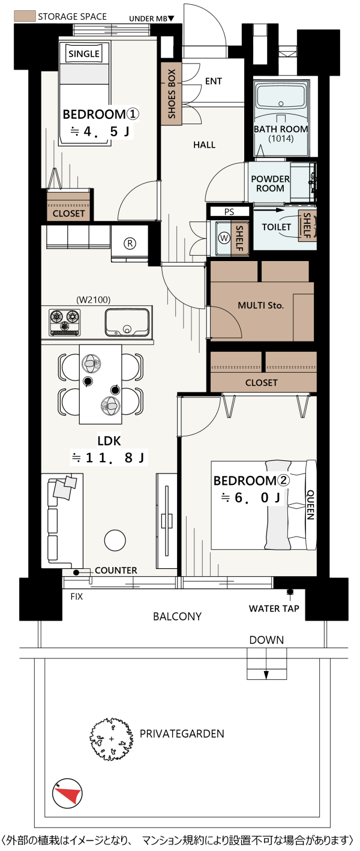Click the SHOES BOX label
pyautogui.click(x=172, y=94)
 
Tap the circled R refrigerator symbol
pyautogui.click(x=130, y=243)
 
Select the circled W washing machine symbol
pyautogui.click(x=224, y=238)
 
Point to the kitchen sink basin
pyautogui.click(x=127, y=322)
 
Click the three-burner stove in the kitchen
pyautogui.click(x=65, y=322)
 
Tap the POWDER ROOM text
pyautogui.click(x=270, y=184)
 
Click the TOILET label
pyautogui.click(x=276, y=227)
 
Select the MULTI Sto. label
pyautogui.click(x=260, y=305)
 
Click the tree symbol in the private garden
pyautogui.click(x=111, y=739)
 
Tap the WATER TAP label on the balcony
pyautogui.click(x=274, y=609)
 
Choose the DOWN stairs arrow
pyautogui.click(x=266, y=672)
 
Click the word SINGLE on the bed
pyautogui.click(x=84, y=54)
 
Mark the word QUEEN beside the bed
pyautogui.click(x=310, y=505)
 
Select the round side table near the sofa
pyautogui.click(x=115, y=540)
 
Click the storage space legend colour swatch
pyautogui.click(x=24, y=16)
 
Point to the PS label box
pyautogui.click(x=229, y=212)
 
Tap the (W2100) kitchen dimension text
pyautogui.click(x=94, y=299)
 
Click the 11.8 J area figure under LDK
pyautogui.click(x=108, y=458)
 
